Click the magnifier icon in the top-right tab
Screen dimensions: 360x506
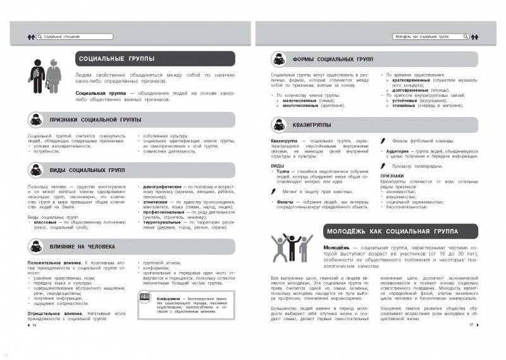click(467, 38)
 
